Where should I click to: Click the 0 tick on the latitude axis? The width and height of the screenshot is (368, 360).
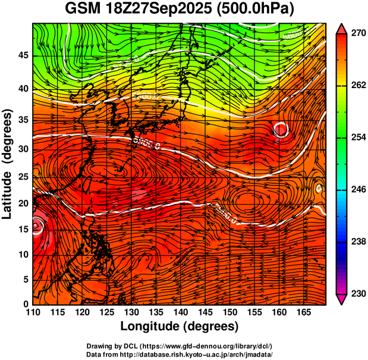click(26, 304)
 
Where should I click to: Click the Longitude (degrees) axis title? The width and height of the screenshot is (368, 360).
click(180, 327)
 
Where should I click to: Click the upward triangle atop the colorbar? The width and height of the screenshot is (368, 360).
click(342, 28)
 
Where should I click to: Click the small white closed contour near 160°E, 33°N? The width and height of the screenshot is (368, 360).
click(281, 129)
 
